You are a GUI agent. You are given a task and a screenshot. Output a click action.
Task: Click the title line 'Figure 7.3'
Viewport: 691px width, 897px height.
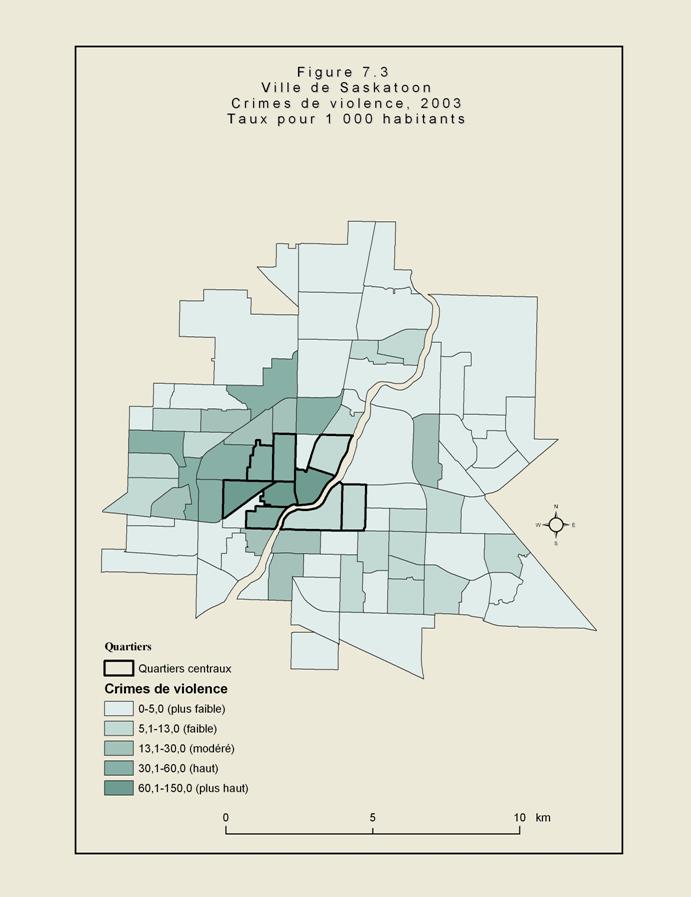click(344, 72)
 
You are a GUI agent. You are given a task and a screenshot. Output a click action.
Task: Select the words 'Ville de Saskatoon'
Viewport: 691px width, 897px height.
click(345, 87)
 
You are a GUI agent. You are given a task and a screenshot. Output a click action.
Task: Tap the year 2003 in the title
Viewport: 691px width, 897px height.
click(439, 103)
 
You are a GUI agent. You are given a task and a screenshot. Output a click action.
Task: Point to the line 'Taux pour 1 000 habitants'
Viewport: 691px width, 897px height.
click(345, 118)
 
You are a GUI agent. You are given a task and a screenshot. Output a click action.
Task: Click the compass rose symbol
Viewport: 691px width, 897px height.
click(556, 524)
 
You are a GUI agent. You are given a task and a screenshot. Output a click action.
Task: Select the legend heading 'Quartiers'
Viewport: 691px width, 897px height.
click(128, 647)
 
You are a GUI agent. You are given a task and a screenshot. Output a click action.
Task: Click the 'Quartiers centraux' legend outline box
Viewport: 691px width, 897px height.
click(119, 668)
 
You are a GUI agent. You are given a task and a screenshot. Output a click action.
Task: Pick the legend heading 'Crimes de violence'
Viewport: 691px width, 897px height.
click(165, 689)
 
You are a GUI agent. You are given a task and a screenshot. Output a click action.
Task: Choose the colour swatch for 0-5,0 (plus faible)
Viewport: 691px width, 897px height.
click(119, 708)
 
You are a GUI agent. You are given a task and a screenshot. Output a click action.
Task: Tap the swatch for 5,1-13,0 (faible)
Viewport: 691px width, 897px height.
click(119, 728)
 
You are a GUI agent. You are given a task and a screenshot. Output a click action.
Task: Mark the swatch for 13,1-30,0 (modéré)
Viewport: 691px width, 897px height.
click(119, 748)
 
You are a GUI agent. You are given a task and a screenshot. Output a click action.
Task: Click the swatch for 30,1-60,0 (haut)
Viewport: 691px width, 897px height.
click(119, 768)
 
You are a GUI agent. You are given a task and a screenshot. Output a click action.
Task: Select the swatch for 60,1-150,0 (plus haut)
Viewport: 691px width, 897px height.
click(119, 788)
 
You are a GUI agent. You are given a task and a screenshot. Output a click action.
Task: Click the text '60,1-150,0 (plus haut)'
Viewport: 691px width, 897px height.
click(194, 788)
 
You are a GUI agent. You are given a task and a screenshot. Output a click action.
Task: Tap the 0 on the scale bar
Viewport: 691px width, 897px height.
click(226, 817)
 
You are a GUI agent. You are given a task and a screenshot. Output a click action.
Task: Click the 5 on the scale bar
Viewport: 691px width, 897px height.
click(372, 817)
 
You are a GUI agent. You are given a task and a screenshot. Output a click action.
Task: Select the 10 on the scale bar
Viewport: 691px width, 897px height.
click(518, 817)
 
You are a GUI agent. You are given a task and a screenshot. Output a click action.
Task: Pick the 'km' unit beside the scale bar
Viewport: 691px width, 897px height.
click(543, 817)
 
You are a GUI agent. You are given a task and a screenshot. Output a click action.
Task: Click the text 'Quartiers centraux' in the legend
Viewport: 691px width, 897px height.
click(185, 668)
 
